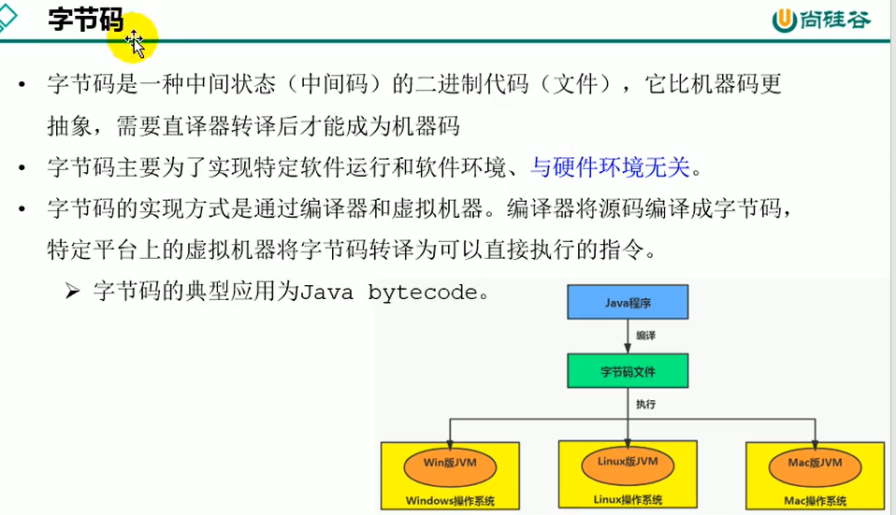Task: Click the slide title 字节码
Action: tap(85, 21)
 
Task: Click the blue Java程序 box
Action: tap(628, 303)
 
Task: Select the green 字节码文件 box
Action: tap(628, 371)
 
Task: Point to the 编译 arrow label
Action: tap(645, 335)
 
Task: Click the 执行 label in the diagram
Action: tap(645, 405)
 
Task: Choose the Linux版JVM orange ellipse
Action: tap(628, 462)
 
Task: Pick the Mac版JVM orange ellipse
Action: tap(809, 463)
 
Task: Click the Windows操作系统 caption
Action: tap(450, 500)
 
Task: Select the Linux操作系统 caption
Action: tap(628, 499)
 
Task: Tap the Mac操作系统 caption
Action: tap(809, 500)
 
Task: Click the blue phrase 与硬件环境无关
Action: tap(609, 167)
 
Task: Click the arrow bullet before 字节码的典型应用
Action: tap(74, 292)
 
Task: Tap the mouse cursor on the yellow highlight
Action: tap(136, 42)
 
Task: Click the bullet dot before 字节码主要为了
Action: tap(22, 168)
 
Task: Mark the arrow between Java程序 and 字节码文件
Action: tap(628, 336)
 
